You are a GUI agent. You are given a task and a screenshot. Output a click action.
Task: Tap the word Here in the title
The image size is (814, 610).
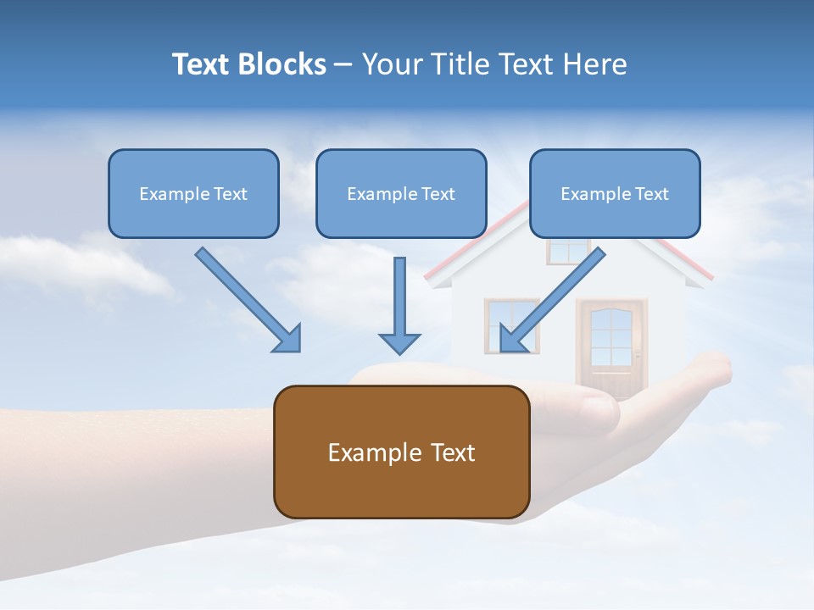point(595,64)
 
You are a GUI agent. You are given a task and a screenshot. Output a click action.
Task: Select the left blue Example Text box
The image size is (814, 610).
point(193,193)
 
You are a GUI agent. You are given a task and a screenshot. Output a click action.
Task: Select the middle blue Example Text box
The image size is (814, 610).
point(401,193)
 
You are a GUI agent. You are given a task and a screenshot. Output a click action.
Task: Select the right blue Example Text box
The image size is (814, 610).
point(615,193)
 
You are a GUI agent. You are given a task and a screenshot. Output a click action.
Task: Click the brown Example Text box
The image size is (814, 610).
point(401,452)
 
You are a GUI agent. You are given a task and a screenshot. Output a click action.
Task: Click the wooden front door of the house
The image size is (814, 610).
point(611,343)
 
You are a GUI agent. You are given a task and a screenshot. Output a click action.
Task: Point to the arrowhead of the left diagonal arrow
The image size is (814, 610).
point(288,339)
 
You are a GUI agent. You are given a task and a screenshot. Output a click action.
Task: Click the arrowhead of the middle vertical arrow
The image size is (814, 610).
point(399,343)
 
